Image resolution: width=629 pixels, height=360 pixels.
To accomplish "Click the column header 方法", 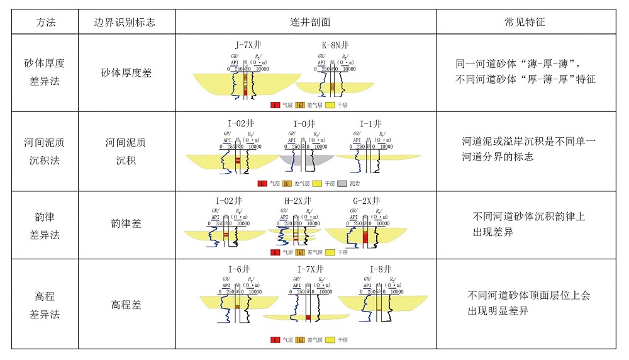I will [x=45, y=22].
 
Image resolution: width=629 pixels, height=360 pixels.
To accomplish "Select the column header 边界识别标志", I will [x=126, y=22].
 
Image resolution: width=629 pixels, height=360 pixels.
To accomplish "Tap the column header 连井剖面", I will [x=306, y=22].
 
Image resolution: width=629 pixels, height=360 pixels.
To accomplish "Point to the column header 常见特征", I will [x=525, y=22].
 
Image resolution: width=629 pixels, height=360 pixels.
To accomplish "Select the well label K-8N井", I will [x=335, y=45].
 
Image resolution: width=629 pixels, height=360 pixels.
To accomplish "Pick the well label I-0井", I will [x=304, y=124].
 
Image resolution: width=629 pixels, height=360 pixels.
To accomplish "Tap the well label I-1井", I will [x=370, y=124].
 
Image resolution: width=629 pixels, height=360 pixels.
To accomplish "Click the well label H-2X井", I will [x=298, y=201].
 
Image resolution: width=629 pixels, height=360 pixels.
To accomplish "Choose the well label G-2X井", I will [x=366, y=201].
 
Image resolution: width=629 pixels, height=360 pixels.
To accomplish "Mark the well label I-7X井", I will [x=310, y=269].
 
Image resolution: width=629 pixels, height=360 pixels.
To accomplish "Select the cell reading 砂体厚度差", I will [x=126, y=72].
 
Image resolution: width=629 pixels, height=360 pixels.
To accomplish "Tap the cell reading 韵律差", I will [x=126, y=225].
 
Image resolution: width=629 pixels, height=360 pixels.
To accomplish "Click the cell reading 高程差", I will [x=126, y=305].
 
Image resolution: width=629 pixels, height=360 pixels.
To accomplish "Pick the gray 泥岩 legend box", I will [x=342, y=184].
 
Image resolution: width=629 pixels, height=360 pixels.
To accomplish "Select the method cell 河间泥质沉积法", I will [x=45, y=151].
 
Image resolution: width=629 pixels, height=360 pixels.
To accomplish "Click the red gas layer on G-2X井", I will [x=365, y=238].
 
